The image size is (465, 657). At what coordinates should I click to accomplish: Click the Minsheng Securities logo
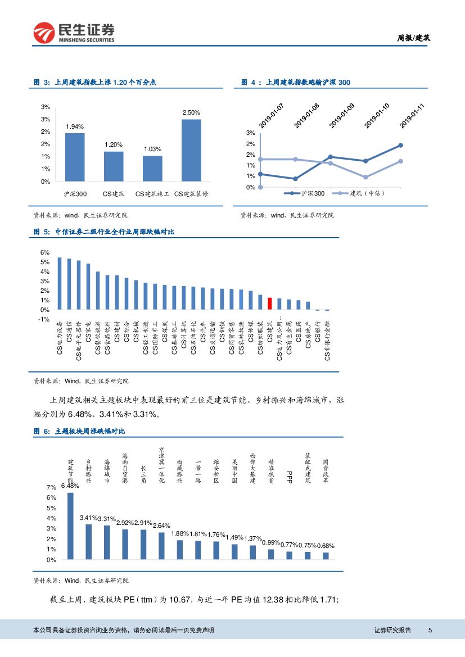click(74, 33)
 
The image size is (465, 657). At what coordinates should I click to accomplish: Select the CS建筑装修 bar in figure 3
click(191, 150)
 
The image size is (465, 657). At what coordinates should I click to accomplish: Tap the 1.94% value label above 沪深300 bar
click(75, 126)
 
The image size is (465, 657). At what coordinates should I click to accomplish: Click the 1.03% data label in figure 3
click(152, 149)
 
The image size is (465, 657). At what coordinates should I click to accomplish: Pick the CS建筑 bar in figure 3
click(114, 166)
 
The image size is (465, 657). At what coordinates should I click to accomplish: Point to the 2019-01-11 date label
click(412, 115)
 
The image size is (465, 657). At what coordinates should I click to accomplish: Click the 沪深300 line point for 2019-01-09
click(330, 157)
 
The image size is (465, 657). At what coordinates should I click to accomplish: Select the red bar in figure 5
click(270, 303)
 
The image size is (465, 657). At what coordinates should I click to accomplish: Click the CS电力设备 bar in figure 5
click(60, 283)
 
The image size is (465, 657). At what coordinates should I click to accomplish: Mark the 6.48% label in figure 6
click(70, 486)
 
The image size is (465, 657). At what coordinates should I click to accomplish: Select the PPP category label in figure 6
click(290, 477)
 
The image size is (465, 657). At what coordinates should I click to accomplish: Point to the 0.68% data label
click(326, 546)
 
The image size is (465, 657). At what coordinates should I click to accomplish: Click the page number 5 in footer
click(430, 630)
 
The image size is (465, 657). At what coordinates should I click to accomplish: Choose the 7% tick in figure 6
click(51, 487)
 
